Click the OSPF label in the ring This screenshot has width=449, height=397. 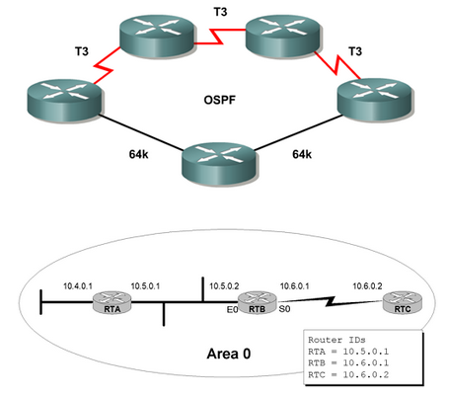point(220,100)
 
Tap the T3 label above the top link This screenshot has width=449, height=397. point(220,12)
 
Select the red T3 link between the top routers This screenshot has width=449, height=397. point(220,37)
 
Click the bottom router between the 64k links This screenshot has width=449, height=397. point(219,164)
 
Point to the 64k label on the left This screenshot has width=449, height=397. point(138,154)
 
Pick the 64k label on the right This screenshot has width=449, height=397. point(302,154)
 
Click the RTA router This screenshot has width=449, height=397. point(112,302)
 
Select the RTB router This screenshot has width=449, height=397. point(257,302)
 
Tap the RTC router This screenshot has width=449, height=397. point(403,302)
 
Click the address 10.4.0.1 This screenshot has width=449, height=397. point(78,286)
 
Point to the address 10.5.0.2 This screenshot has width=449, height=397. point(224,286)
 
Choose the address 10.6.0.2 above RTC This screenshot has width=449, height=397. point(367,286)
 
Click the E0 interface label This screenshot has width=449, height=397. point(232,309)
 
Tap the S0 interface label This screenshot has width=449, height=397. point(284,309)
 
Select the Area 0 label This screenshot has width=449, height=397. point(229,354)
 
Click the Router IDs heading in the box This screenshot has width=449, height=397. point(337,340)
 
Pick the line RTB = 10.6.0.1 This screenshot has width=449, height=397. point(348,362)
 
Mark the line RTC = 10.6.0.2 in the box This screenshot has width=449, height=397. point(348,374)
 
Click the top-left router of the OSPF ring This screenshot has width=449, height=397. point(157,36)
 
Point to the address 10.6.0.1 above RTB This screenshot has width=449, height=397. point(294,286)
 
